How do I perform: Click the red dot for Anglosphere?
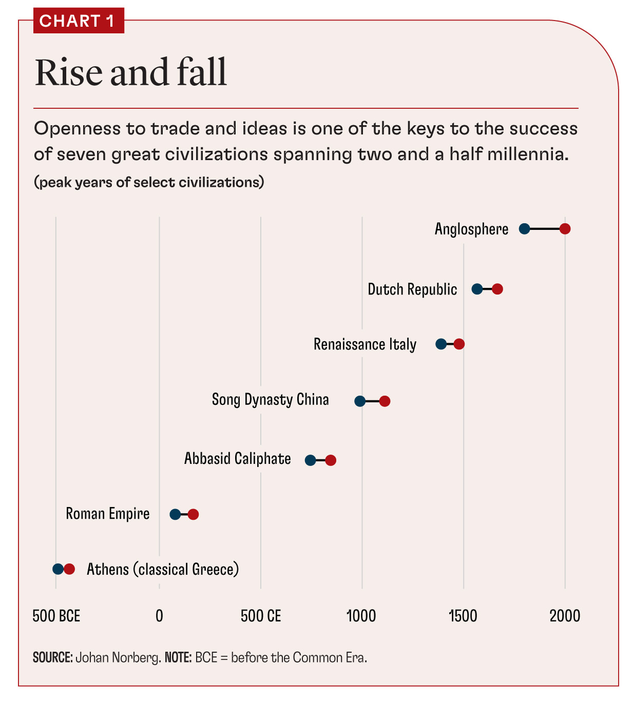(565, 229)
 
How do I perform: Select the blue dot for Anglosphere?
(524, 229)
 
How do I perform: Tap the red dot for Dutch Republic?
(497, 289)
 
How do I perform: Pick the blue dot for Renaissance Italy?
(441, 344)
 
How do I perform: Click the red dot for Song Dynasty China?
(385, 401)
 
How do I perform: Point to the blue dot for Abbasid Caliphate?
(310, 460)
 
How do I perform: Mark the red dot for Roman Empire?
(193, 514)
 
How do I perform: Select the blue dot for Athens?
(58, 569)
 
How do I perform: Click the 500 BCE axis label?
(56, 616)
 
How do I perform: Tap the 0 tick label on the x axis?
(159, 616)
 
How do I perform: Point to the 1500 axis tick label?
(463, 616)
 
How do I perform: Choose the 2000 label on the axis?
(565, 616)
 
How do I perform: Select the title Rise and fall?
(130, 72)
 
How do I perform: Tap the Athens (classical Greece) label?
(163, 569)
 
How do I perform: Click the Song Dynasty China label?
(270, 400)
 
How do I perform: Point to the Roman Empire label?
(108, 514)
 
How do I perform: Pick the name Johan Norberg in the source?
(118, 657)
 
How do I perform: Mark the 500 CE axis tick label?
(261, 616)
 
